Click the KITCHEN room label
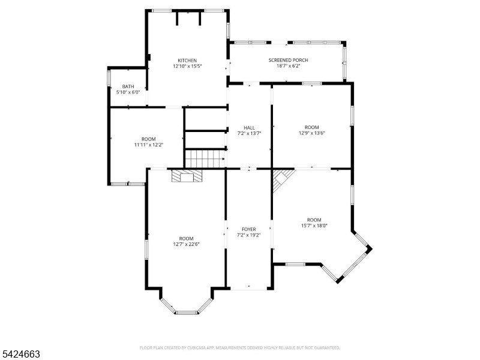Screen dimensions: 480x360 [187, 61]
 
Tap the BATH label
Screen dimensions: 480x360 [128, 86]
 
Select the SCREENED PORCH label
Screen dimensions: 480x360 [289, 60]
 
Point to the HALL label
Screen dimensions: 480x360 [249, 128]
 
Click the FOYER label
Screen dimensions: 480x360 [249, 229]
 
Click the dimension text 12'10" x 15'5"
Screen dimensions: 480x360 [187, 66]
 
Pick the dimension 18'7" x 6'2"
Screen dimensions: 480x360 [288, 66]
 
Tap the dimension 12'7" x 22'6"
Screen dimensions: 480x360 [186, 244]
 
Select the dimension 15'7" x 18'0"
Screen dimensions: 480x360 [314, 226]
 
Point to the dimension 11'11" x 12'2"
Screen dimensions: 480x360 [149, 145]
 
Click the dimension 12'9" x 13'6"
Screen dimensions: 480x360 [311, 133]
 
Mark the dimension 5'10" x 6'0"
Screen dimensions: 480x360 [128, 92]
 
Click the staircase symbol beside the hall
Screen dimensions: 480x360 [205, 158]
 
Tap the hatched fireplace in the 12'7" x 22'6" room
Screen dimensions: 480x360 [187, 176]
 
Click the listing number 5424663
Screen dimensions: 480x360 [20, 354]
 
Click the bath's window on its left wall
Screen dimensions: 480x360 [109, 78]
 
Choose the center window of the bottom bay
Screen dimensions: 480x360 [187, 313]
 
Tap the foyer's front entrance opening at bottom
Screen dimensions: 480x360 [249, 289]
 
